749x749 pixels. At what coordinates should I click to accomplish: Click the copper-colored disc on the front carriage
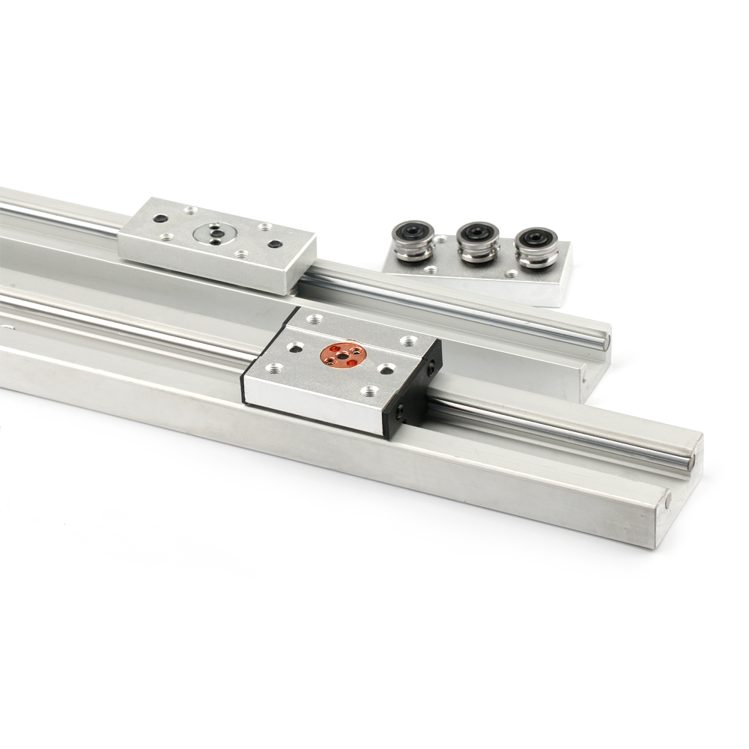click(x=344, y=355)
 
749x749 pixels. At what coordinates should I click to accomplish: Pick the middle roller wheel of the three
click(x=476, y=240)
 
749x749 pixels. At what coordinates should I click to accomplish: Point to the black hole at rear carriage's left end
click(x=159, y=219)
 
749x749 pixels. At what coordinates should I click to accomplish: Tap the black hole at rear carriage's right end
click(x=274, y=244)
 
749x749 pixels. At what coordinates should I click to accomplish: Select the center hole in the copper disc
click(x=345, y=354)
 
